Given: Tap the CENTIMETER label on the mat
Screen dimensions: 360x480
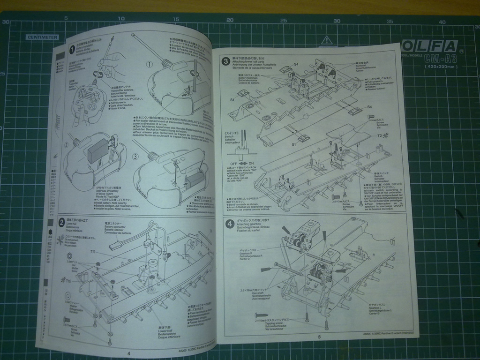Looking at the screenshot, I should pos(42,37).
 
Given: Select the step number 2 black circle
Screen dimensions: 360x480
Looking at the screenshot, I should pos(61,222).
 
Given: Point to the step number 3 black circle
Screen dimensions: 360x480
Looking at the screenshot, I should pos(225,61).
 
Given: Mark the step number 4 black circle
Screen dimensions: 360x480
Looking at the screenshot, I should pos(230,224).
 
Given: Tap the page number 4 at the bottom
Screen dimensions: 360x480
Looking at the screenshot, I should pos(128,353).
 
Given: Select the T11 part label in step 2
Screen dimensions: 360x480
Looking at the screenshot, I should pos(93,252).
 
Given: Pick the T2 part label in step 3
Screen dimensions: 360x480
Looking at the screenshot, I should pos(380,136).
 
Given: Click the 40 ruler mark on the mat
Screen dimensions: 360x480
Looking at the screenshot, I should pos(442,22).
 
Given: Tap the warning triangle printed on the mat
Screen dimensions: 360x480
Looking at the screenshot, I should pos(326,40).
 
